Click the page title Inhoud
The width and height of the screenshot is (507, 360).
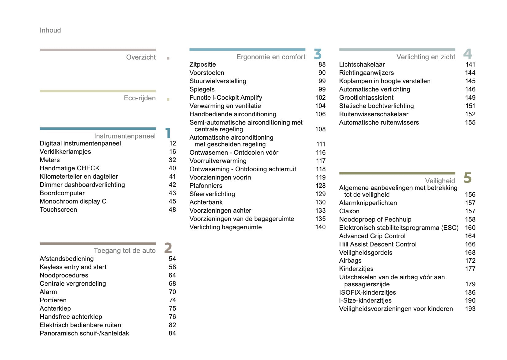[50, 30]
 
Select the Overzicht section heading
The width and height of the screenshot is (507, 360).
[141, 57]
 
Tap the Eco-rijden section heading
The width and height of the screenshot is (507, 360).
[140, 98]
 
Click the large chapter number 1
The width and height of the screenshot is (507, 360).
[168, 133]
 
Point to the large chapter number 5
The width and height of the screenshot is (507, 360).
[467, 178]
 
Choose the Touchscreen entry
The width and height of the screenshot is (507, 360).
[58, 210]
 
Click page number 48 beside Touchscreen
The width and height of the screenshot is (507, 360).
[172, 210]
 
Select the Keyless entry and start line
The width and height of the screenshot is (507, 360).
[73, 267]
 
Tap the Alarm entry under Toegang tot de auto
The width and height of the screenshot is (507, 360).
[48, 292]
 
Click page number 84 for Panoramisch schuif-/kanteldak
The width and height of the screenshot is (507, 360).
[172, 333]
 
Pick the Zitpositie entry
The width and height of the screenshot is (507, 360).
[203, 64]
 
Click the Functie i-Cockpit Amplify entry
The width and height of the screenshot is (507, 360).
[226, 98]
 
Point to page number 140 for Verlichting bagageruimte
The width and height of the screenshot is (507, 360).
[321, 227]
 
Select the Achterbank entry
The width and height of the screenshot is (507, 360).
[206, 202]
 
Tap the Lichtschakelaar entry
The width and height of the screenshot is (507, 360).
[362, 64]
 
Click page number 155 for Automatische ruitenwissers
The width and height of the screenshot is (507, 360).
[470, 122]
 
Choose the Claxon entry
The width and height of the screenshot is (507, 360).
[349, 211]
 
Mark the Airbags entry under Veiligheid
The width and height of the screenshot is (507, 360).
[350, 261]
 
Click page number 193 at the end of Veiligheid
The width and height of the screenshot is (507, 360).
[470, 309]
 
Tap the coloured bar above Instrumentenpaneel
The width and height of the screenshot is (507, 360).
[98, 129]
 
